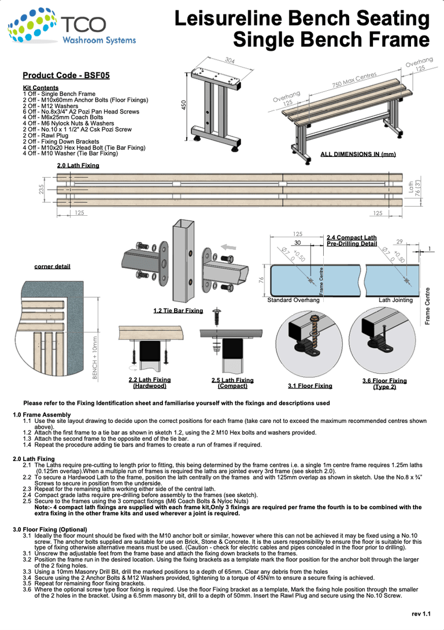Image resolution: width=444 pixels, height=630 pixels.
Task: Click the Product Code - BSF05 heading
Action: [x=66, y=75]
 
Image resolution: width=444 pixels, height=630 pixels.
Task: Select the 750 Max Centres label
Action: [x=354, y=80]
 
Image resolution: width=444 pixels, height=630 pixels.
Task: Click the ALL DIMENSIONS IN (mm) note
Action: [x=358, y=154]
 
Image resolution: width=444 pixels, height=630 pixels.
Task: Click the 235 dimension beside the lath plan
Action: [x=42, y=189]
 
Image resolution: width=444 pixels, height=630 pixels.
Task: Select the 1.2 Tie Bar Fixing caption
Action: [x=178, y=311]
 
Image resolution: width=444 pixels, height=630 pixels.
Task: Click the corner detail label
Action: [x=53, y=266]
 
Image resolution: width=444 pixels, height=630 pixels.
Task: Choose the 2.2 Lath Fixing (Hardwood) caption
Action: [x=150, y=382]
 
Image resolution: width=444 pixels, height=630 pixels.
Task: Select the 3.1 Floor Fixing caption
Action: [x=310, y=385]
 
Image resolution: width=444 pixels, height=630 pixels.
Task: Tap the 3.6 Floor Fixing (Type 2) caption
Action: [x=384, y=384]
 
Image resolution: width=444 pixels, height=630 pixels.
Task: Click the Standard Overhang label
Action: [x=293, y=300]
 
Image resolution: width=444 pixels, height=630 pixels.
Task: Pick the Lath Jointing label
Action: [x=395, y=300]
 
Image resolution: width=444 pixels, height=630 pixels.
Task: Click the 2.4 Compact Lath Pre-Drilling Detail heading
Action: [x=351, y=241]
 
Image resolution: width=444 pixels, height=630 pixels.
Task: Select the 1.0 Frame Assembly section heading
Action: [x=42, y=415]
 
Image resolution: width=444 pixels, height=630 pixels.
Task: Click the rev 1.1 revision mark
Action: [x=421, y=613]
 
